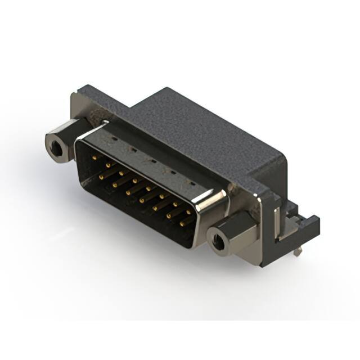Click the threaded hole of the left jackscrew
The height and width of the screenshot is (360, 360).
coord(56,149)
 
